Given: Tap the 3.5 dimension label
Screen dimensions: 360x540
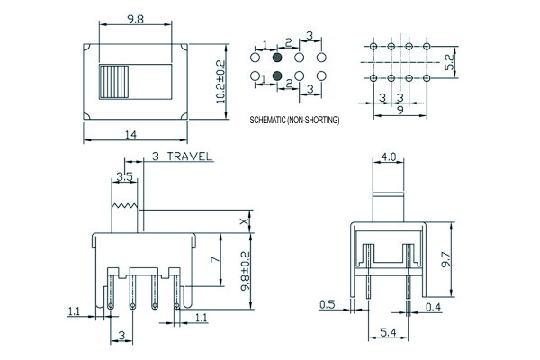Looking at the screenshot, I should coord(125,176).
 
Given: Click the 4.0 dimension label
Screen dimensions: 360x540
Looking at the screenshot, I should coord(388,157).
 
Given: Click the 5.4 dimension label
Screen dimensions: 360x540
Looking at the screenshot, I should coord(388,334).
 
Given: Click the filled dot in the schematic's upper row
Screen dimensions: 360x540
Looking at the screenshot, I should coord(276,57).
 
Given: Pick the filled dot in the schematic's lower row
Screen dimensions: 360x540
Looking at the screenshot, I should coord(276,76).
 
